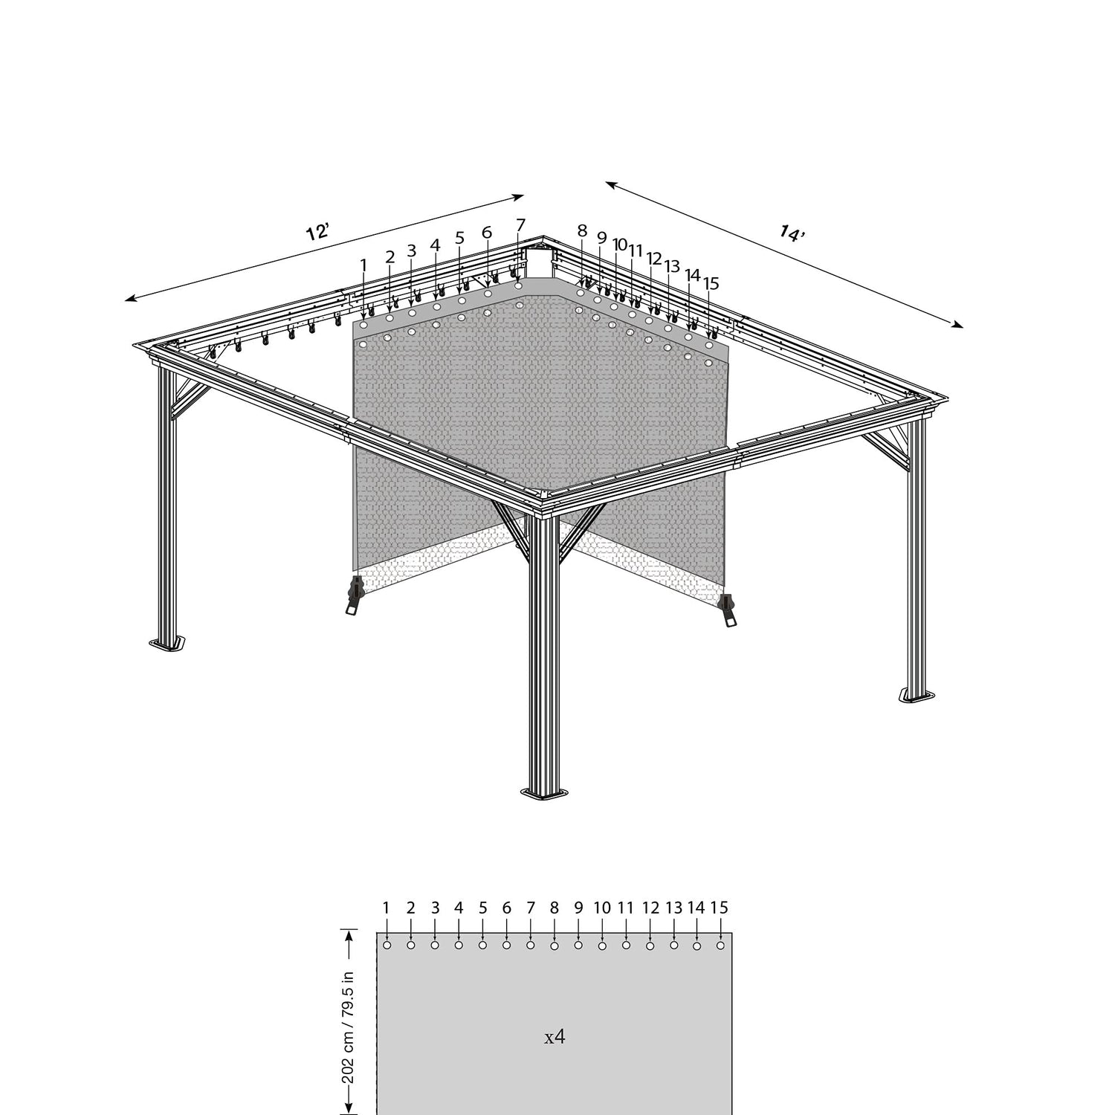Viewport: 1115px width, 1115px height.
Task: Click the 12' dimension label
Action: tap(317, 231)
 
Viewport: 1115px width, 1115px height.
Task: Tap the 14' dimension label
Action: tap(792, 233)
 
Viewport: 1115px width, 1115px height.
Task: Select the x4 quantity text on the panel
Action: tap(555, 1037)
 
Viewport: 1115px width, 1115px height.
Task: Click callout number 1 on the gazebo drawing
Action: tap(363, 265)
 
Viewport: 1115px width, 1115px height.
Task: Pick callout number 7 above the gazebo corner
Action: tap(520, 224)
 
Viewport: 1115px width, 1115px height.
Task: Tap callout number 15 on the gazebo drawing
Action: tap(711, 283)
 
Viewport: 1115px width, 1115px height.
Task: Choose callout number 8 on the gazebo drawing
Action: tap(582, 230)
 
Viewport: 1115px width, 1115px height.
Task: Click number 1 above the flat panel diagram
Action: tap(387, 907)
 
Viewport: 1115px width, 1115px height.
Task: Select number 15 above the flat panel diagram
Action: tap(719, 907)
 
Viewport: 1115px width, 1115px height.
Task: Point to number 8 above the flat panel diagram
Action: tap(555, 907)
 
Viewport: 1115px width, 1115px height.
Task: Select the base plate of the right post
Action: tap(917, 695)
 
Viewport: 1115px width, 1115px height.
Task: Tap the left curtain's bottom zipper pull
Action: tap(355, 595)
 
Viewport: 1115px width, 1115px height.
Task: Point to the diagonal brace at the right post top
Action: tap(887, 450)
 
